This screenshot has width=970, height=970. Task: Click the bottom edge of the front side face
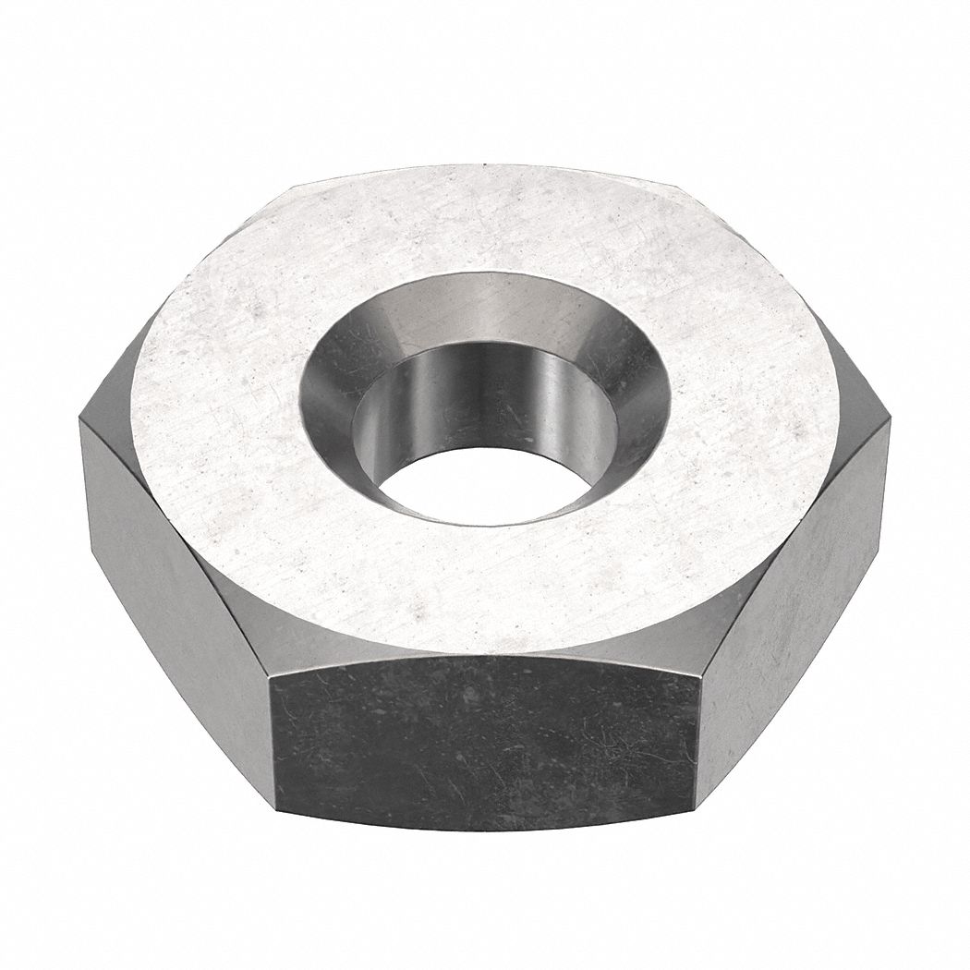coord(485,828)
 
